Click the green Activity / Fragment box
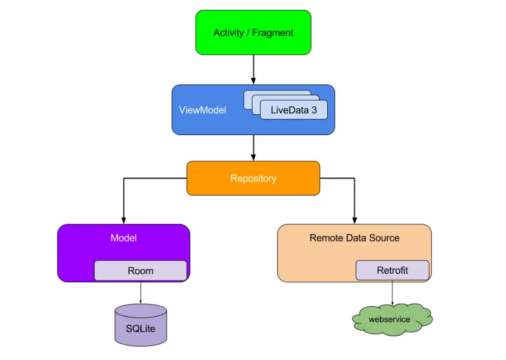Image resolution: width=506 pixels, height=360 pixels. point(254,32)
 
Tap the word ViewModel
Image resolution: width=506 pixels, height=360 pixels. point(203,110)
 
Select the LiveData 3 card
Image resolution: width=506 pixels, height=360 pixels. point(294,110)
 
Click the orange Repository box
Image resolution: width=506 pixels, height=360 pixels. point(254,178)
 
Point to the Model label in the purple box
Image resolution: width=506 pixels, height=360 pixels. point(124,238)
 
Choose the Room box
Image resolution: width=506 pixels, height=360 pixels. point(140,271)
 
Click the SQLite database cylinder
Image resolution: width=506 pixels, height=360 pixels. point(140,325)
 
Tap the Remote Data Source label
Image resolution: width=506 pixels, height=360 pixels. point(355,238)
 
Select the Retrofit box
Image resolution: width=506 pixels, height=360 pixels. point(392,270)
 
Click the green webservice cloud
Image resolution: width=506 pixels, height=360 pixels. point(392,319)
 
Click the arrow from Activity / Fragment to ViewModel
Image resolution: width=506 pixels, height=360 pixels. point(254,70)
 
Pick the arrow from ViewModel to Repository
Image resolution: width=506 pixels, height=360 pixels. point(254,148)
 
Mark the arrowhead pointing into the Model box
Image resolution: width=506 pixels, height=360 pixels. point(124,220)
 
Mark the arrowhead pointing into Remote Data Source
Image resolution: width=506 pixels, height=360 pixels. point(355,220)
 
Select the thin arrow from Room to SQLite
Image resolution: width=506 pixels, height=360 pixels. point(140,293)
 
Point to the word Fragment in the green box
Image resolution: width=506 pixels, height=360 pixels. point(273,33)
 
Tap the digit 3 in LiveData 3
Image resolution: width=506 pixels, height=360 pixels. point(314,110)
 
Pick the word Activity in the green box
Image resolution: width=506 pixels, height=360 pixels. point(229,33)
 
